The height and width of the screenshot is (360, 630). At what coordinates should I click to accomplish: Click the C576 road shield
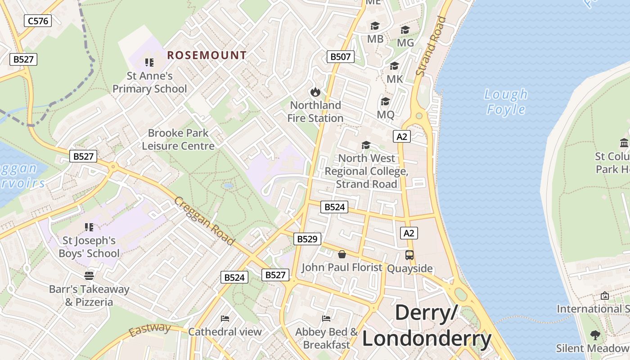click(38, 20)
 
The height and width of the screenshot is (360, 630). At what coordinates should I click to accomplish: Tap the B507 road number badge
click(340, 57)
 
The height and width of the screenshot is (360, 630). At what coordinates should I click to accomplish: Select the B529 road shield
click(307, 239)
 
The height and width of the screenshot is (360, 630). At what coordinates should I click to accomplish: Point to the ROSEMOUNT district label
click(207, 55)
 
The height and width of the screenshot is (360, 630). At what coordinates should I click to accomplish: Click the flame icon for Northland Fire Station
click(315, 92)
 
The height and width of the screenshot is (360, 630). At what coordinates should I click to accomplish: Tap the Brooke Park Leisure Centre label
click(178, 139)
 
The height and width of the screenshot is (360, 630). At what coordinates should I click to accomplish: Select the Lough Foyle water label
click(506, 102)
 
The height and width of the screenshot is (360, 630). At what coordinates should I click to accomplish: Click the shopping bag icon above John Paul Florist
click(342, 255)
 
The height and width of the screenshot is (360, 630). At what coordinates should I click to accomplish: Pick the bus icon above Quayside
click(409, 255)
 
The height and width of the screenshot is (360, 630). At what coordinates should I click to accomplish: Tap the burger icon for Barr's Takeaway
click(89, 275)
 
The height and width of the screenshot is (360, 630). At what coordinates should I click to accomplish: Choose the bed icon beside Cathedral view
click(225, 319)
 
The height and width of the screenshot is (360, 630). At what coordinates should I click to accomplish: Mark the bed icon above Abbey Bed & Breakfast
click(327, 319)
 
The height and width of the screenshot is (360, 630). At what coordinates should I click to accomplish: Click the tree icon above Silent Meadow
click(595, 335)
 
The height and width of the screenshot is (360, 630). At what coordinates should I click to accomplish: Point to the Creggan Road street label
click(204, 221)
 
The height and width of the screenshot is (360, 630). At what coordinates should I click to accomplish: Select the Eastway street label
click(150, 330)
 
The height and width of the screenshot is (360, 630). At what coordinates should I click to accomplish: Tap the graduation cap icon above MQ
click(385, 101)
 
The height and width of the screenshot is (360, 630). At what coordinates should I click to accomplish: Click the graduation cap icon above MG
click(405, 30)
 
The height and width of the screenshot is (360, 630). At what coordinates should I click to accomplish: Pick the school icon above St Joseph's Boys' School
click(89, 227)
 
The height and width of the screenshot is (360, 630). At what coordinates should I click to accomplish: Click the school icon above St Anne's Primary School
click(149, 63)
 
